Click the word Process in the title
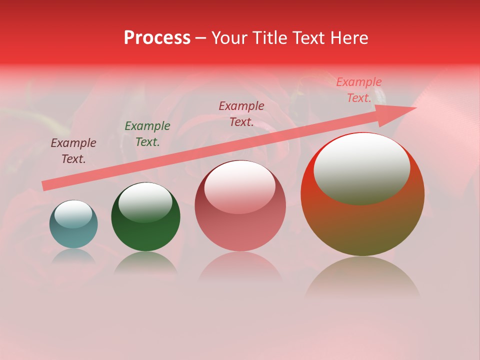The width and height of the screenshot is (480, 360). tap(157, 38)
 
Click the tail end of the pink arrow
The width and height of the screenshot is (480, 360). tap(46, 186)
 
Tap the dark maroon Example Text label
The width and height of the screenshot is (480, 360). tap(73, 151)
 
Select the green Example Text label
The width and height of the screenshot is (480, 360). tap(147, 134)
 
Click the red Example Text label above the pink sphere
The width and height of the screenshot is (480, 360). tap(241, 114)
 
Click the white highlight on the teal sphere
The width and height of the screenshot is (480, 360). tap(73, 214)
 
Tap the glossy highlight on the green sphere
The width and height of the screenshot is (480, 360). tap(145, 202)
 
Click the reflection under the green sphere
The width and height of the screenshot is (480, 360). tap(145, 262)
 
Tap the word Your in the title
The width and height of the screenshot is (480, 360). tap(228, 38)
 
